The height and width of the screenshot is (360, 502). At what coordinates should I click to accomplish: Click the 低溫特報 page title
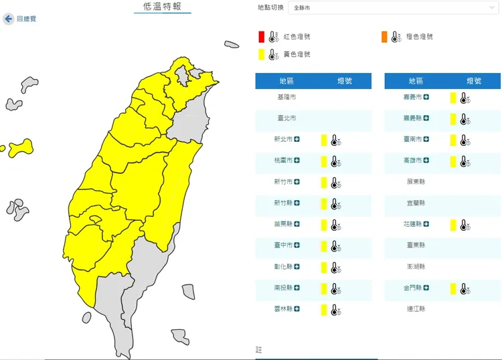(162, 7)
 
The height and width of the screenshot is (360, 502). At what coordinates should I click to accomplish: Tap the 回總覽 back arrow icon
(9, 19)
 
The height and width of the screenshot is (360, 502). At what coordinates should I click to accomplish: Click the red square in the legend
(262, 36)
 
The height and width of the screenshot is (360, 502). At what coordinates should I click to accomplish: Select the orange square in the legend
(384, 36)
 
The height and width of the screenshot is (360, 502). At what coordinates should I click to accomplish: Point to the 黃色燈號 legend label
(297, 54)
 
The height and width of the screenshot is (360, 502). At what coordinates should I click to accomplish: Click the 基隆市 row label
(286, 98)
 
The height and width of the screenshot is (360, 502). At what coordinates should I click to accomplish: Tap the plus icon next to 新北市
(297, 139)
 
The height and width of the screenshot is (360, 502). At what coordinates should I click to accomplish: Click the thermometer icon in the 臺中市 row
(336, 246)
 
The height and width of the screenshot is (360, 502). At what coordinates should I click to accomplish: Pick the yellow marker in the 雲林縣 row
(324, 310)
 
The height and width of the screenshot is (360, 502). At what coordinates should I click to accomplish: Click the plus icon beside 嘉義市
(426, 98)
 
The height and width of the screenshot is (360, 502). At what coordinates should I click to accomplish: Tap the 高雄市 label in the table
(413, 161)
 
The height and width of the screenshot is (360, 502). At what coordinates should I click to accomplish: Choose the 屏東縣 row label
(416, 182)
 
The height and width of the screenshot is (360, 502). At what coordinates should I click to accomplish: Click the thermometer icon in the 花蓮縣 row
(465, 225)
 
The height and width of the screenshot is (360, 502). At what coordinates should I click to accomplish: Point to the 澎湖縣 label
(416, 267)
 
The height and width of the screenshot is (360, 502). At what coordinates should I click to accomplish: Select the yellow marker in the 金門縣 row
(453, 288)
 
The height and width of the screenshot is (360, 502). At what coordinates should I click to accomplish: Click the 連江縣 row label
(416, 309)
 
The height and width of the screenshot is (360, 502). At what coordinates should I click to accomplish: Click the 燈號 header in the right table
(474, 81)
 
